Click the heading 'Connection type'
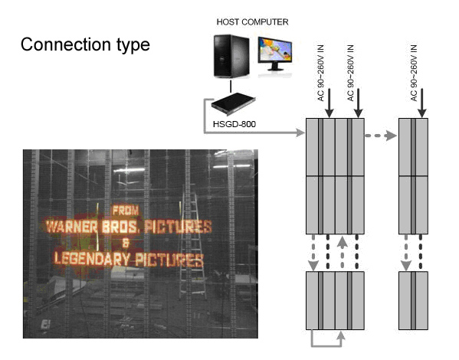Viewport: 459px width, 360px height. click(85, 44)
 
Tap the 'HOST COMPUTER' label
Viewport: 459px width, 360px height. click(252, 22)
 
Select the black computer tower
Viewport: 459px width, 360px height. click(231, 56)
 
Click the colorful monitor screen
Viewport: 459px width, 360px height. click(275, 50)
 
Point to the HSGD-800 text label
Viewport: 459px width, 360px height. click(234, 124)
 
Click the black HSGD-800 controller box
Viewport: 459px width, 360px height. click(233, 104)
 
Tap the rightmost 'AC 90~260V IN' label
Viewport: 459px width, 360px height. click(414, 74)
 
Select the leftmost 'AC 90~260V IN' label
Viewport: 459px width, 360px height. click(321, 74)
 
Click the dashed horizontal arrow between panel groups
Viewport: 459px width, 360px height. click(381, 136)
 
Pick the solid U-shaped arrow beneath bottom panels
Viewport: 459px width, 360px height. click(326, 346)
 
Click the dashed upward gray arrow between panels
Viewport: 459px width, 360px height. click(343, 253)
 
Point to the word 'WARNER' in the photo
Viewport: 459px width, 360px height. click(72, 227)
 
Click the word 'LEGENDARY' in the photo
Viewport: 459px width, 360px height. click(92, 259)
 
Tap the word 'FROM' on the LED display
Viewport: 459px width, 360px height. click(126, 210)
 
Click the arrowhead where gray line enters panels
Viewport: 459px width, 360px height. click(300, 133)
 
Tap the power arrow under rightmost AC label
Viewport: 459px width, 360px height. click(421, 103)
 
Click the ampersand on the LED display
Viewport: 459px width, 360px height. click(126, 243)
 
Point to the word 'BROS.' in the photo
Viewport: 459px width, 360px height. click(120, 227)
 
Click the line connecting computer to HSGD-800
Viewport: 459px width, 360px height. click(231, 86)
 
